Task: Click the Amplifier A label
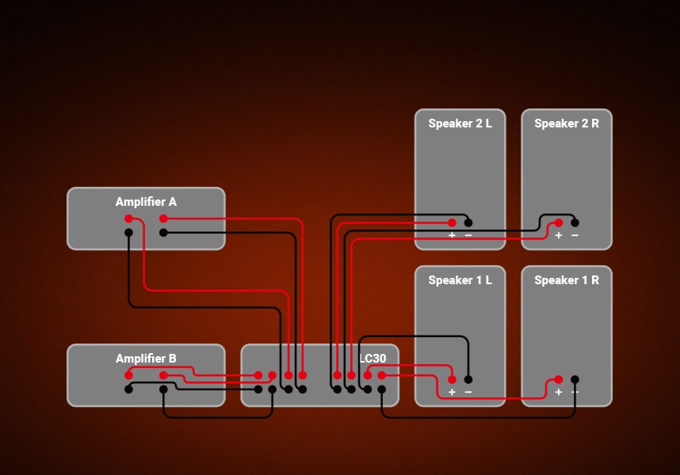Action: tap(146, 202)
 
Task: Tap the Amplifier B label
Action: tap(146, 359)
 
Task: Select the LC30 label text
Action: tap(372, 359)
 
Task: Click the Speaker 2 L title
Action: tap(460, 123)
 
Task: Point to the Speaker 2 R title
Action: tap(567, 123)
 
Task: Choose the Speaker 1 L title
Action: tap(460, 280)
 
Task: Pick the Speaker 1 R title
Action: tap(567, 280)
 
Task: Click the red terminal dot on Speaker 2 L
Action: tap(452, 222)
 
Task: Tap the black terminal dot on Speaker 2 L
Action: tap(468, 222)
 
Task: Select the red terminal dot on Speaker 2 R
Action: tap(558, 222)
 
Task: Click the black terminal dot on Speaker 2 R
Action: tap(575, 222)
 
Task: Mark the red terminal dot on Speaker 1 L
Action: tap(452, 379)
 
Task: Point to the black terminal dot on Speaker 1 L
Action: tap(468, 379)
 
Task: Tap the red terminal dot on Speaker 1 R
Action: tap(558, 379)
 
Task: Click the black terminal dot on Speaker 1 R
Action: tap(575, 379)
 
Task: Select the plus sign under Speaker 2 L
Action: tap(452, 235)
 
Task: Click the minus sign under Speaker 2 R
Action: tap(575, 235)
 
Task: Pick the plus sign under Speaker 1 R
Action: tap(558, 392)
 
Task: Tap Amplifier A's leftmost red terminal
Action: tap(128, 218)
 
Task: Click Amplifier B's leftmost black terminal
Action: tap(128, 389)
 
